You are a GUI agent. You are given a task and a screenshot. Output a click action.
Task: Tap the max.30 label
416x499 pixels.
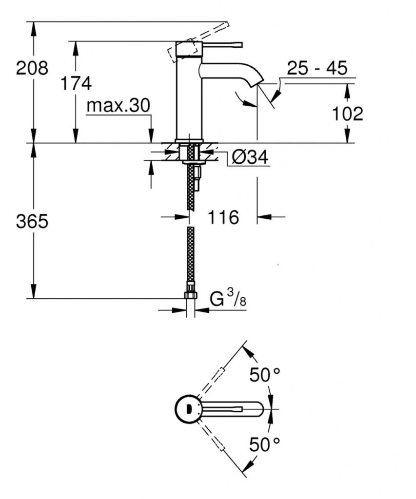click(x=118, y=106)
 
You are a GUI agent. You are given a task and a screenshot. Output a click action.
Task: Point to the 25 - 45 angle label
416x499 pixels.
click(x=317, y=68)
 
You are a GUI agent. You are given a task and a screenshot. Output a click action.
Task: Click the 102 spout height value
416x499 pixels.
click(x=347, y=114)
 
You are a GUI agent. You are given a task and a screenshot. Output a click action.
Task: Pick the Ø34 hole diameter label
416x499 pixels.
click(x=250, y=157)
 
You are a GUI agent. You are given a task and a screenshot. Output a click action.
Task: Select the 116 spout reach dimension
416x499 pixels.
click(x=224, y=217)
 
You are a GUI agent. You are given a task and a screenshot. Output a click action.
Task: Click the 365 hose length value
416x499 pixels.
click(x=32, y=222)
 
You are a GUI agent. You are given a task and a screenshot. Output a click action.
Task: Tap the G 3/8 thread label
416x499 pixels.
click(x=228, y=298)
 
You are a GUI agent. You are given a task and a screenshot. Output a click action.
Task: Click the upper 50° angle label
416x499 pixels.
click(x=265, y=374)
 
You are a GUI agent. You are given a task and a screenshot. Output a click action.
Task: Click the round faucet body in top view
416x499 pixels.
click(x=188, y=408)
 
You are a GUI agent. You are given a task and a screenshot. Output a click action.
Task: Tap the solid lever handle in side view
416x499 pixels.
click(x=219, y=46)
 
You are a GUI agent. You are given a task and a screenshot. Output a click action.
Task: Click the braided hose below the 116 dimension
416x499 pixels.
click(x=190, y=253)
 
